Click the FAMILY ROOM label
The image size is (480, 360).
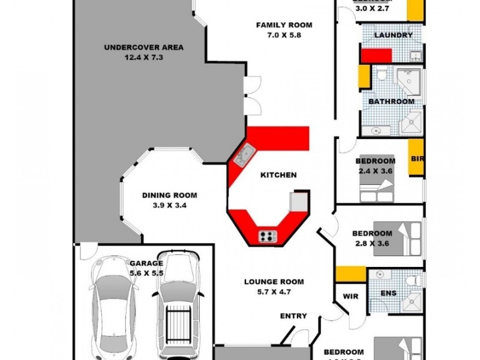point(284,25)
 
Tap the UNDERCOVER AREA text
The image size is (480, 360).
point(144,47)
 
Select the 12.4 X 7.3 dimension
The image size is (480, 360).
point(144,58)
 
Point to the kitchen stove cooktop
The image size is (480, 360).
point(268,236)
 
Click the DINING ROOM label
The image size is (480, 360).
point(170,195)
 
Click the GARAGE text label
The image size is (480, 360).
point(146,263)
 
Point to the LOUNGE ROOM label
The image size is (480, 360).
point(274,281)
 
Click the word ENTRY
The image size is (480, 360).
point(293,316)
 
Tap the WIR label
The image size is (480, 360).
point(350,296)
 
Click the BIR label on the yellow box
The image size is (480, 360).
point(416,160)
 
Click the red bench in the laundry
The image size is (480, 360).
point(376,55)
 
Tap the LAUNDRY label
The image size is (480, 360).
point(393,35)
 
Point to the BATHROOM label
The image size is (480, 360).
point(391,101)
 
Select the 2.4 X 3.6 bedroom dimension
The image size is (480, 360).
point(375,171)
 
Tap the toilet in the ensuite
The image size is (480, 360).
point(412,280)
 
